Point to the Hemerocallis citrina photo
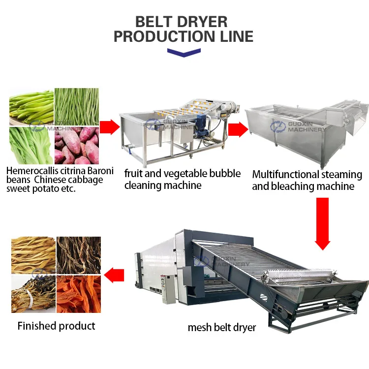point(31,107)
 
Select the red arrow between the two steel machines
point(238,129)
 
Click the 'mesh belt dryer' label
point(222,327)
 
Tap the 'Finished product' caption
point(57,326)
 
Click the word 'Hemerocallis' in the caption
point(34,171)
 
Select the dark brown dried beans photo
point(79,255)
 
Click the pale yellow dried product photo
point(33,255)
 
